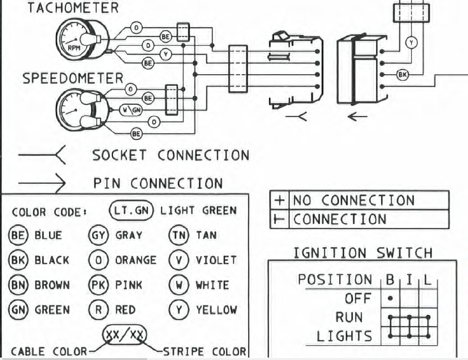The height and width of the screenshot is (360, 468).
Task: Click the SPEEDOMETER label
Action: coord(73,79)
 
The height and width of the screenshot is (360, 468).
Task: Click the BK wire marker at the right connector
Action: coord(403,74)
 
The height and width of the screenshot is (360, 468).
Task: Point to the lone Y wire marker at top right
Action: coord(411,43)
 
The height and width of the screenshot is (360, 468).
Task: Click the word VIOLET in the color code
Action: coord(216,260)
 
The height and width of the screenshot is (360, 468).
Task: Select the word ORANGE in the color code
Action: coord(136,260)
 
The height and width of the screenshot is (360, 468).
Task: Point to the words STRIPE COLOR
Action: coord(205,351)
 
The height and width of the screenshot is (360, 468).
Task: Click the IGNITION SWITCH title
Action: coord(362,252)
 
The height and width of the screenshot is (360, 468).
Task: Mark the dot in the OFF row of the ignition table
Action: coord(390,298)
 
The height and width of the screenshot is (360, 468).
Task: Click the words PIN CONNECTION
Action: coord(158,183)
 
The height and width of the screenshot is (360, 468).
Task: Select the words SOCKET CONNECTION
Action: coord(171,155)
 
